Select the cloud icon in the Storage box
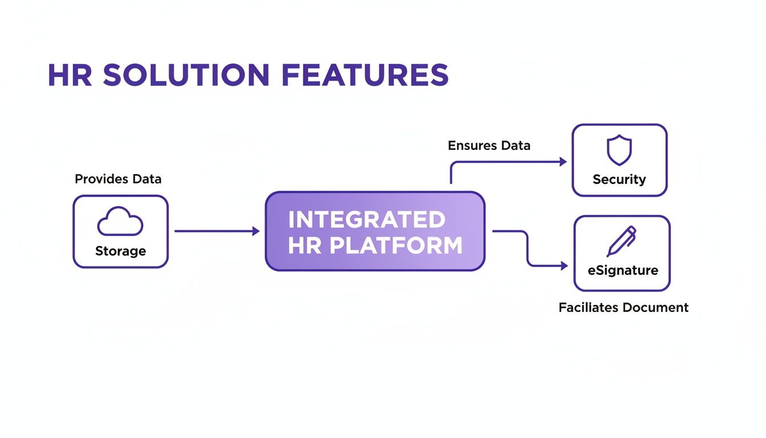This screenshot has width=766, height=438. click(x=120, y=222)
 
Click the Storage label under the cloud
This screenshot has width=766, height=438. click(x=120, y=252)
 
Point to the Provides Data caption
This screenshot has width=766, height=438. click(x=118, y=179)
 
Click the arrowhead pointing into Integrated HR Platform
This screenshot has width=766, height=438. click(x=256, y=231)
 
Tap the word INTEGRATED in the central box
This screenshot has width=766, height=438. click(x=367, y=220)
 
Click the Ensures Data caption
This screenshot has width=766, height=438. click(x=489, y=145)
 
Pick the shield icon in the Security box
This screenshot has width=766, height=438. click(x=619, y=151)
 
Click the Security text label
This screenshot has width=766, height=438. click(x=619, y=180)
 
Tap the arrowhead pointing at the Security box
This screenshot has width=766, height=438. click(x=563, y=162)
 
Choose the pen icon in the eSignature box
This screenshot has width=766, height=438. click(x=621, y=241)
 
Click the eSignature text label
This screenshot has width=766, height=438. click(x=623, y=270)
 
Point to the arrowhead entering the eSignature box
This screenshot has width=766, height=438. click(x=564, y=266)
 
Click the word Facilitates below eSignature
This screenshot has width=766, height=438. click(x=588, y=308)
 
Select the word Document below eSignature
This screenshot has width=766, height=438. click(x=655, y=308)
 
